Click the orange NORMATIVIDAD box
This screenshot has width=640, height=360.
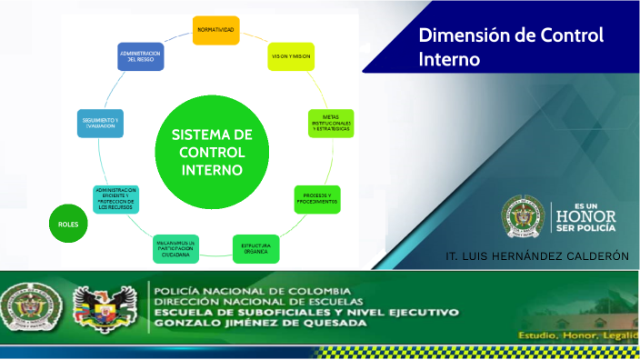tap(215, 31)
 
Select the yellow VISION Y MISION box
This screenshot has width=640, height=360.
tap(291, 56)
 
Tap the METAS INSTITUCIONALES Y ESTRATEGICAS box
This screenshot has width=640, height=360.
tap(331, 123)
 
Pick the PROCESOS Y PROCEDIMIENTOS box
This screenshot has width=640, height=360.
tap(317, 199)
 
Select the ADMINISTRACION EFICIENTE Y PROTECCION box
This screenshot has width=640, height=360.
tap(115, 199)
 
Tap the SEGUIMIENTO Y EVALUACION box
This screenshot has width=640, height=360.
tap(101, 124)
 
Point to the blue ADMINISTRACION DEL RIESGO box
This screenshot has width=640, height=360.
tap(141, 57)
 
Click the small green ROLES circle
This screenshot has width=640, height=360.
tap(68, 225)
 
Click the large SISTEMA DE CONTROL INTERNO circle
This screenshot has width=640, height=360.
tap(211, 152)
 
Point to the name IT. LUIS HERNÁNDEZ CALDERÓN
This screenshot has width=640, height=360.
tap(537, 256)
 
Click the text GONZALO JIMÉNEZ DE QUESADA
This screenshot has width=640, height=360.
tap(256, 324)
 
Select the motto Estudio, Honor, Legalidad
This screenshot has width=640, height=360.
tap(578, 335)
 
